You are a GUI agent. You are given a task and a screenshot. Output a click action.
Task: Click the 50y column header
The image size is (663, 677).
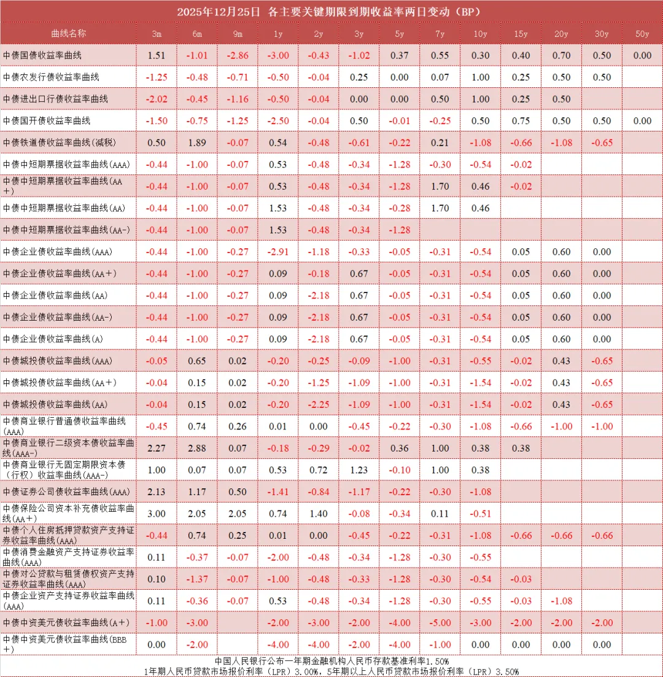(x=642, y=34)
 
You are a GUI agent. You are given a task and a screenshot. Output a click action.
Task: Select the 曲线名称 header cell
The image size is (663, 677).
(x=69, y=34)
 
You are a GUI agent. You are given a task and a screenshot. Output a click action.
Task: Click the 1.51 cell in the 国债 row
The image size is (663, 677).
(x=157, y=55)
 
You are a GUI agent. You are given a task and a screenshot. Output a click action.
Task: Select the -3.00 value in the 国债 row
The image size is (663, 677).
(x=277, y=55)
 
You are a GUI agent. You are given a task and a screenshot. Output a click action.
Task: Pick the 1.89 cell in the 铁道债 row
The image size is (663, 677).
(x=196, y=143)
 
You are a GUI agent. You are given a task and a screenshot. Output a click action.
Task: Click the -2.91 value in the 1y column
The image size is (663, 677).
(x=277, y=252)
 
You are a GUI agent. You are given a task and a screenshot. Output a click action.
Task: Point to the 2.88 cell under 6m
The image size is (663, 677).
(x=196, y=448)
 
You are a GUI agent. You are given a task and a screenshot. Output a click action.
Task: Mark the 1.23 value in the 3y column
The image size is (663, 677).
(x=359, y=470)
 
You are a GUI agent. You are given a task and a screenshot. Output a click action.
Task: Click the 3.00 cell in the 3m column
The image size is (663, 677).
(x=157, y=514)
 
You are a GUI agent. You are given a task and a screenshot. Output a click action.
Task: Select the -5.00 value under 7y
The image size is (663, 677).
(x=440, y=622)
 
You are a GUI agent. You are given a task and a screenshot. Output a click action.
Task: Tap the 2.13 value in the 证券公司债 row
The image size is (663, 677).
(x=157, y=491)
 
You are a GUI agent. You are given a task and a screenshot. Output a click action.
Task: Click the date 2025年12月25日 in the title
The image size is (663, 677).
(x=218, y=11)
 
